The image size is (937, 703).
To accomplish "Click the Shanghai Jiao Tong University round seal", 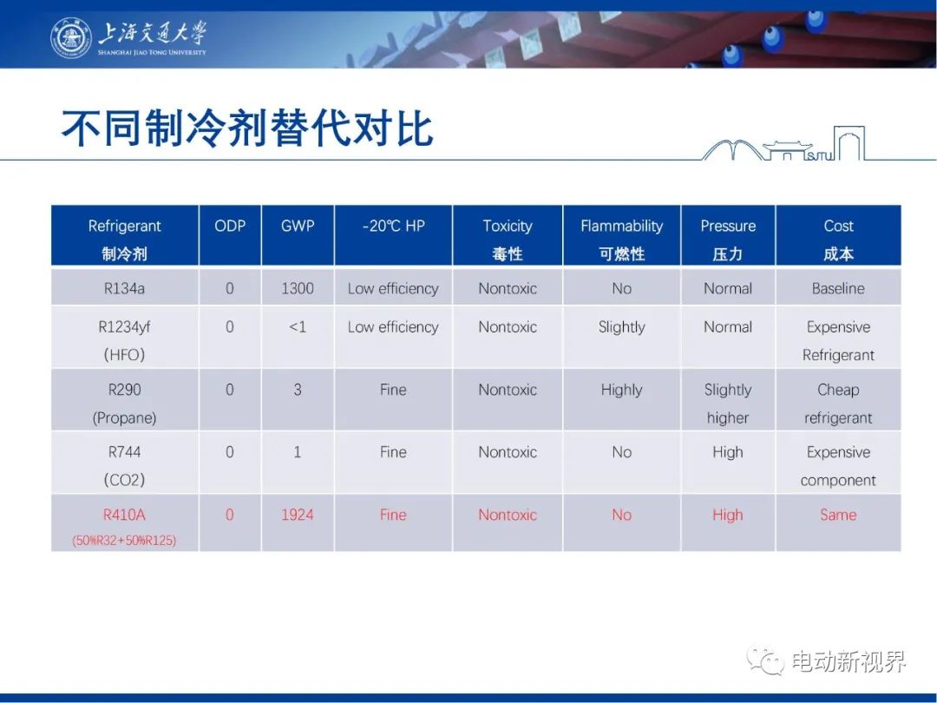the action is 71,38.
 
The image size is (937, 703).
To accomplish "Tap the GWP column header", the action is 298,226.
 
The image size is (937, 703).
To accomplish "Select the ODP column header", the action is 230,226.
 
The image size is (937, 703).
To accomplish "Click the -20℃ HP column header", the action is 393,226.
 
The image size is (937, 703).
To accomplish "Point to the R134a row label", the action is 124,289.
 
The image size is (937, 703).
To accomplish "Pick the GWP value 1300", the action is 298,289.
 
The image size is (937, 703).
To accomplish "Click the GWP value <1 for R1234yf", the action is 298,327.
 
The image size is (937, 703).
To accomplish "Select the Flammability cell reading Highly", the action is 621,391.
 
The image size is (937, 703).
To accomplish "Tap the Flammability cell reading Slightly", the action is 621,327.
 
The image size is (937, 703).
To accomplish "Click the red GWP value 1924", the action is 298,515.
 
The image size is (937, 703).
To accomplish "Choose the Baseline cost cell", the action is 838,289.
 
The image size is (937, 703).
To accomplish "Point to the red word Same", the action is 838,515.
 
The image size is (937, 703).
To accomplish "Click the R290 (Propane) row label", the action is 124,404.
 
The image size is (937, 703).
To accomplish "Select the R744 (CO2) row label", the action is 124,466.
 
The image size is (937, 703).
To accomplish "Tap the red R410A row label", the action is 124,515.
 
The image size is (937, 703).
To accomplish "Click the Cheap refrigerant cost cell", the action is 838,404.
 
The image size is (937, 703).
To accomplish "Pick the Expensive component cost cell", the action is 838,466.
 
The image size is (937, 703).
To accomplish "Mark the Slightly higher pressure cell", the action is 728,404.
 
